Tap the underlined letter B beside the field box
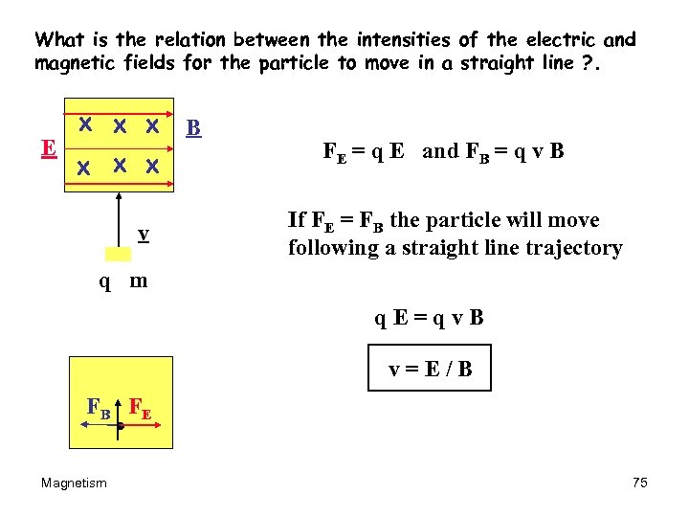tap(192, 127)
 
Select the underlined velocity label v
tap(142, 234)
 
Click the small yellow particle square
tap(119, 254)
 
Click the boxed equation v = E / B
tap(430, 369)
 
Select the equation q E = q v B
tap(429, 318)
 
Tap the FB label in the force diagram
tap(98, 407)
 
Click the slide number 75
tap(640, 483)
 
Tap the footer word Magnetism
tap(74, 483)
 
